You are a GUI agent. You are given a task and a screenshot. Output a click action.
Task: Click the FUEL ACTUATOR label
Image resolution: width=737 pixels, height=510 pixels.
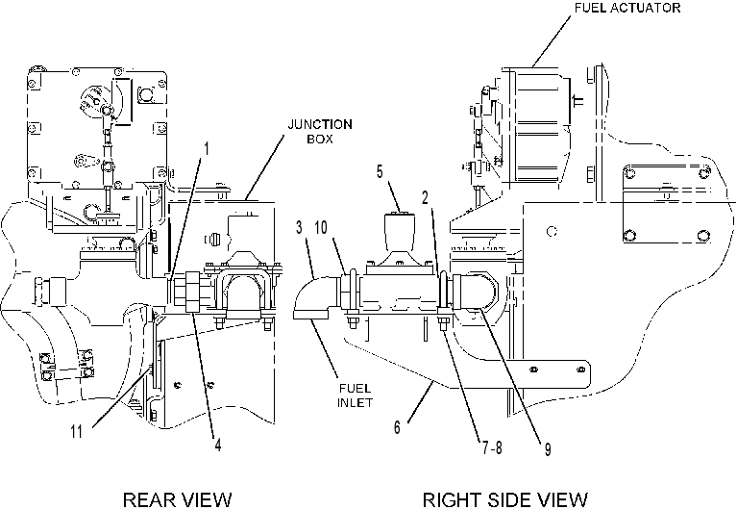(627, 8)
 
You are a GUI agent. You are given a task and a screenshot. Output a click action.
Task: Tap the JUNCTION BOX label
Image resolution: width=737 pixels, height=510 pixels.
(320, 132)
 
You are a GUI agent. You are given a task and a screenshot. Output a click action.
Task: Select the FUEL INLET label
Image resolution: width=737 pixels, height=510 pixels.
(355, 395)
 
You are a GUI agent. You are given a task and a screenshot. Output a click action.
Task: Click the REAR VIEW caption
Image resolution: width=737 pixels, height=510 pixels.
(177, 499)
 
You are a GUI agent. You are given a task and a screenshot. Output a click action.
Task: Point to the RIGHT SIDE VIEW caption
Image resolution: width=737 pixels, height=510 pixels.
(505, 499)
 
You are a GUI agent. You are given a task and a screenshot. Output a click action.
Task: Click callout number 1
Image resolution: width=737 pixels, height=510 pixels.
(206, 149)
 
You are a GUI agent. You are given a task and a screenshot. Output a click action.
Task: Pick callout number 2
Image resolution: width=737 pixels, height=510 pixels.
(426, 198)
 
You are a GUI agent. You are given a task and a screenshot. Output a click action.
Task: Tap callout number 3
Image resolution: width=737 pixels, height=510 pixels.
(300, 227)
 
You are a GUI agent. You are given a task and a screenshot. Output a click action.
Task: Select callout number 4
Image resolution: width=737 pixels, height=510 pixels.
(218, 445)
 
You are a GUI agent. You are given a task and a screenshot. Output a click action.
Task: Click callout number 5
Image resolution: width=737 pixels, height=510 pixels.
(380, 171)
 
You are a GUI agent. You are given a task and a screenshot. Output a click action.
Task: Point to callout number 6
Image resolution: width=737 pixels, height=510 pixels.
(397, 427)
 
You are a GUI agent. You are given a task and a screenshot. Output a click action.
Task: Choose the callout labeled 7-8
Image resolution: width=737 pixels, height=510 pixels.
(492, 447)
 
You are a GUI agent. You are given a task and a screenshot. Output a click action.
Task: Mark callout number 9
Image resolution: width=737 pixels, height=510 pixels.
(548, 449)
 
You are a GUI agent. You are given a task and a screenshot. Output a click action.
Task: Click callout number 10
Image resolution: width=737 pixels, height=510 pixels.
(321, 227)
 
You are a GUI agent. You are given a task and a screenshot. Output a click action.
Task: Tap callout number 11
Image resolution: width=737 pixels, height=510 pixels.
(76, 431)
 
